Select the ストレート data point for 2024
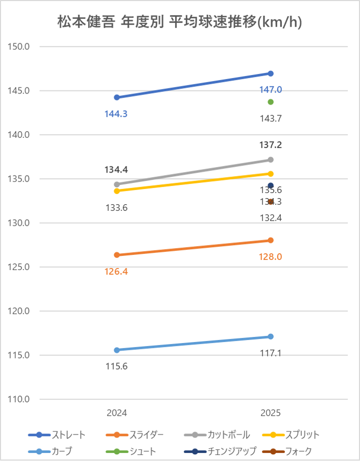pos(117,98)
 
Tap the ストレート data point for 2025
pos(271,74)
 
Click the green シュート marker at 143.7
pos(271,102)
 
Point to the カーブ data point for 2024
pos(117,350)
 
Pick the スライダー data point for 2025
pos(271,240)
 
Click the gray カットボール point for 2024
pos(117,184)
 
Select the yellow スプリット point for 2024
pos(117,191)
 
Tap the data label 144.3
pos(116,114)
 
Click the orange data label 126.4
pos(116,272)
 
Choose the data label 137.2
pos(271,145)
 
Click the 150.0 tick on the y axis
pos(20,47)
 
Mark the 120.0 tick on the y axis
pos(20,311)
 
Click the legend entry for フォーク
pos(287,451)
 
